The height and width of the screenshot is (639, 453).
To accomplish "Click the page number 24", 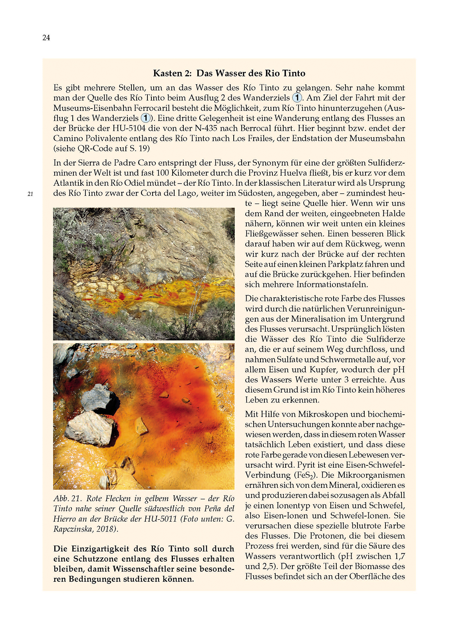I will (x=46, y=38).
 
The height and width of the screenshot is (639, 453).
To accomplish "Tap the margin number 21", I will (x=30, y=194).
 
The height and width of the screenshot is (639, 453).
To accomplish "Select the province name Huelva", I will (x=308, y=173).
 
